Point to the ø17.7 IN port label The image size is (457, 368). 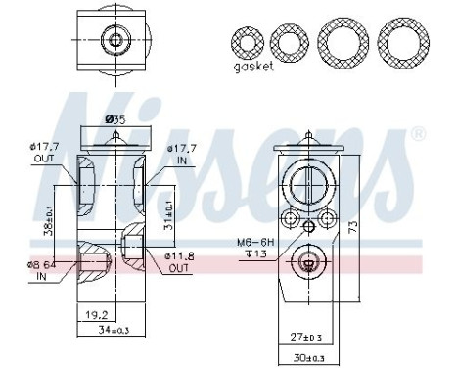coord(182,155)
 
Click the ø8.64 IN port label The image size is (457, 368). coord(37,270)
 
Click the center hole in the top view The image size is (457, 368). coord(115,39)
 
